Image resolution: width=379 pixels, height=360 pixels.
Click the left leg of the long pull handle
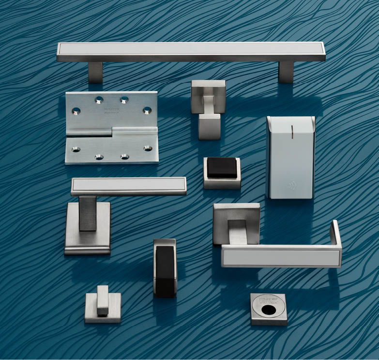click(x=95, y=72)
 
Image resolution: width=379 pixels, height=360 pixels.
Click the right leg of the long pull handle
click(x=286, y=72)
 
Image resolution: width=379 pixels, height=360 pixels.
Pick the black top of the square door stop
click(x=222, y=168)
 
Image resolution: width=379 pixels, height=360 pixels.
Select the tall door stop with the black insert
click(x=165, y=268)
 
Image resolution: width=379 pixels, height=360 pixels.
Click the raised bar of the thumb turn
click(x=103, y=298)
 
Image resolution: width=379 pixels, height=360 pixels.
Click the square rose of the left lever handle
click(x=87, y=237)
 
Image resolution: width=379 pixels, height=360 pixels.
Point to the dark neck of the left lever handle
click(x=88, y=213)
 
